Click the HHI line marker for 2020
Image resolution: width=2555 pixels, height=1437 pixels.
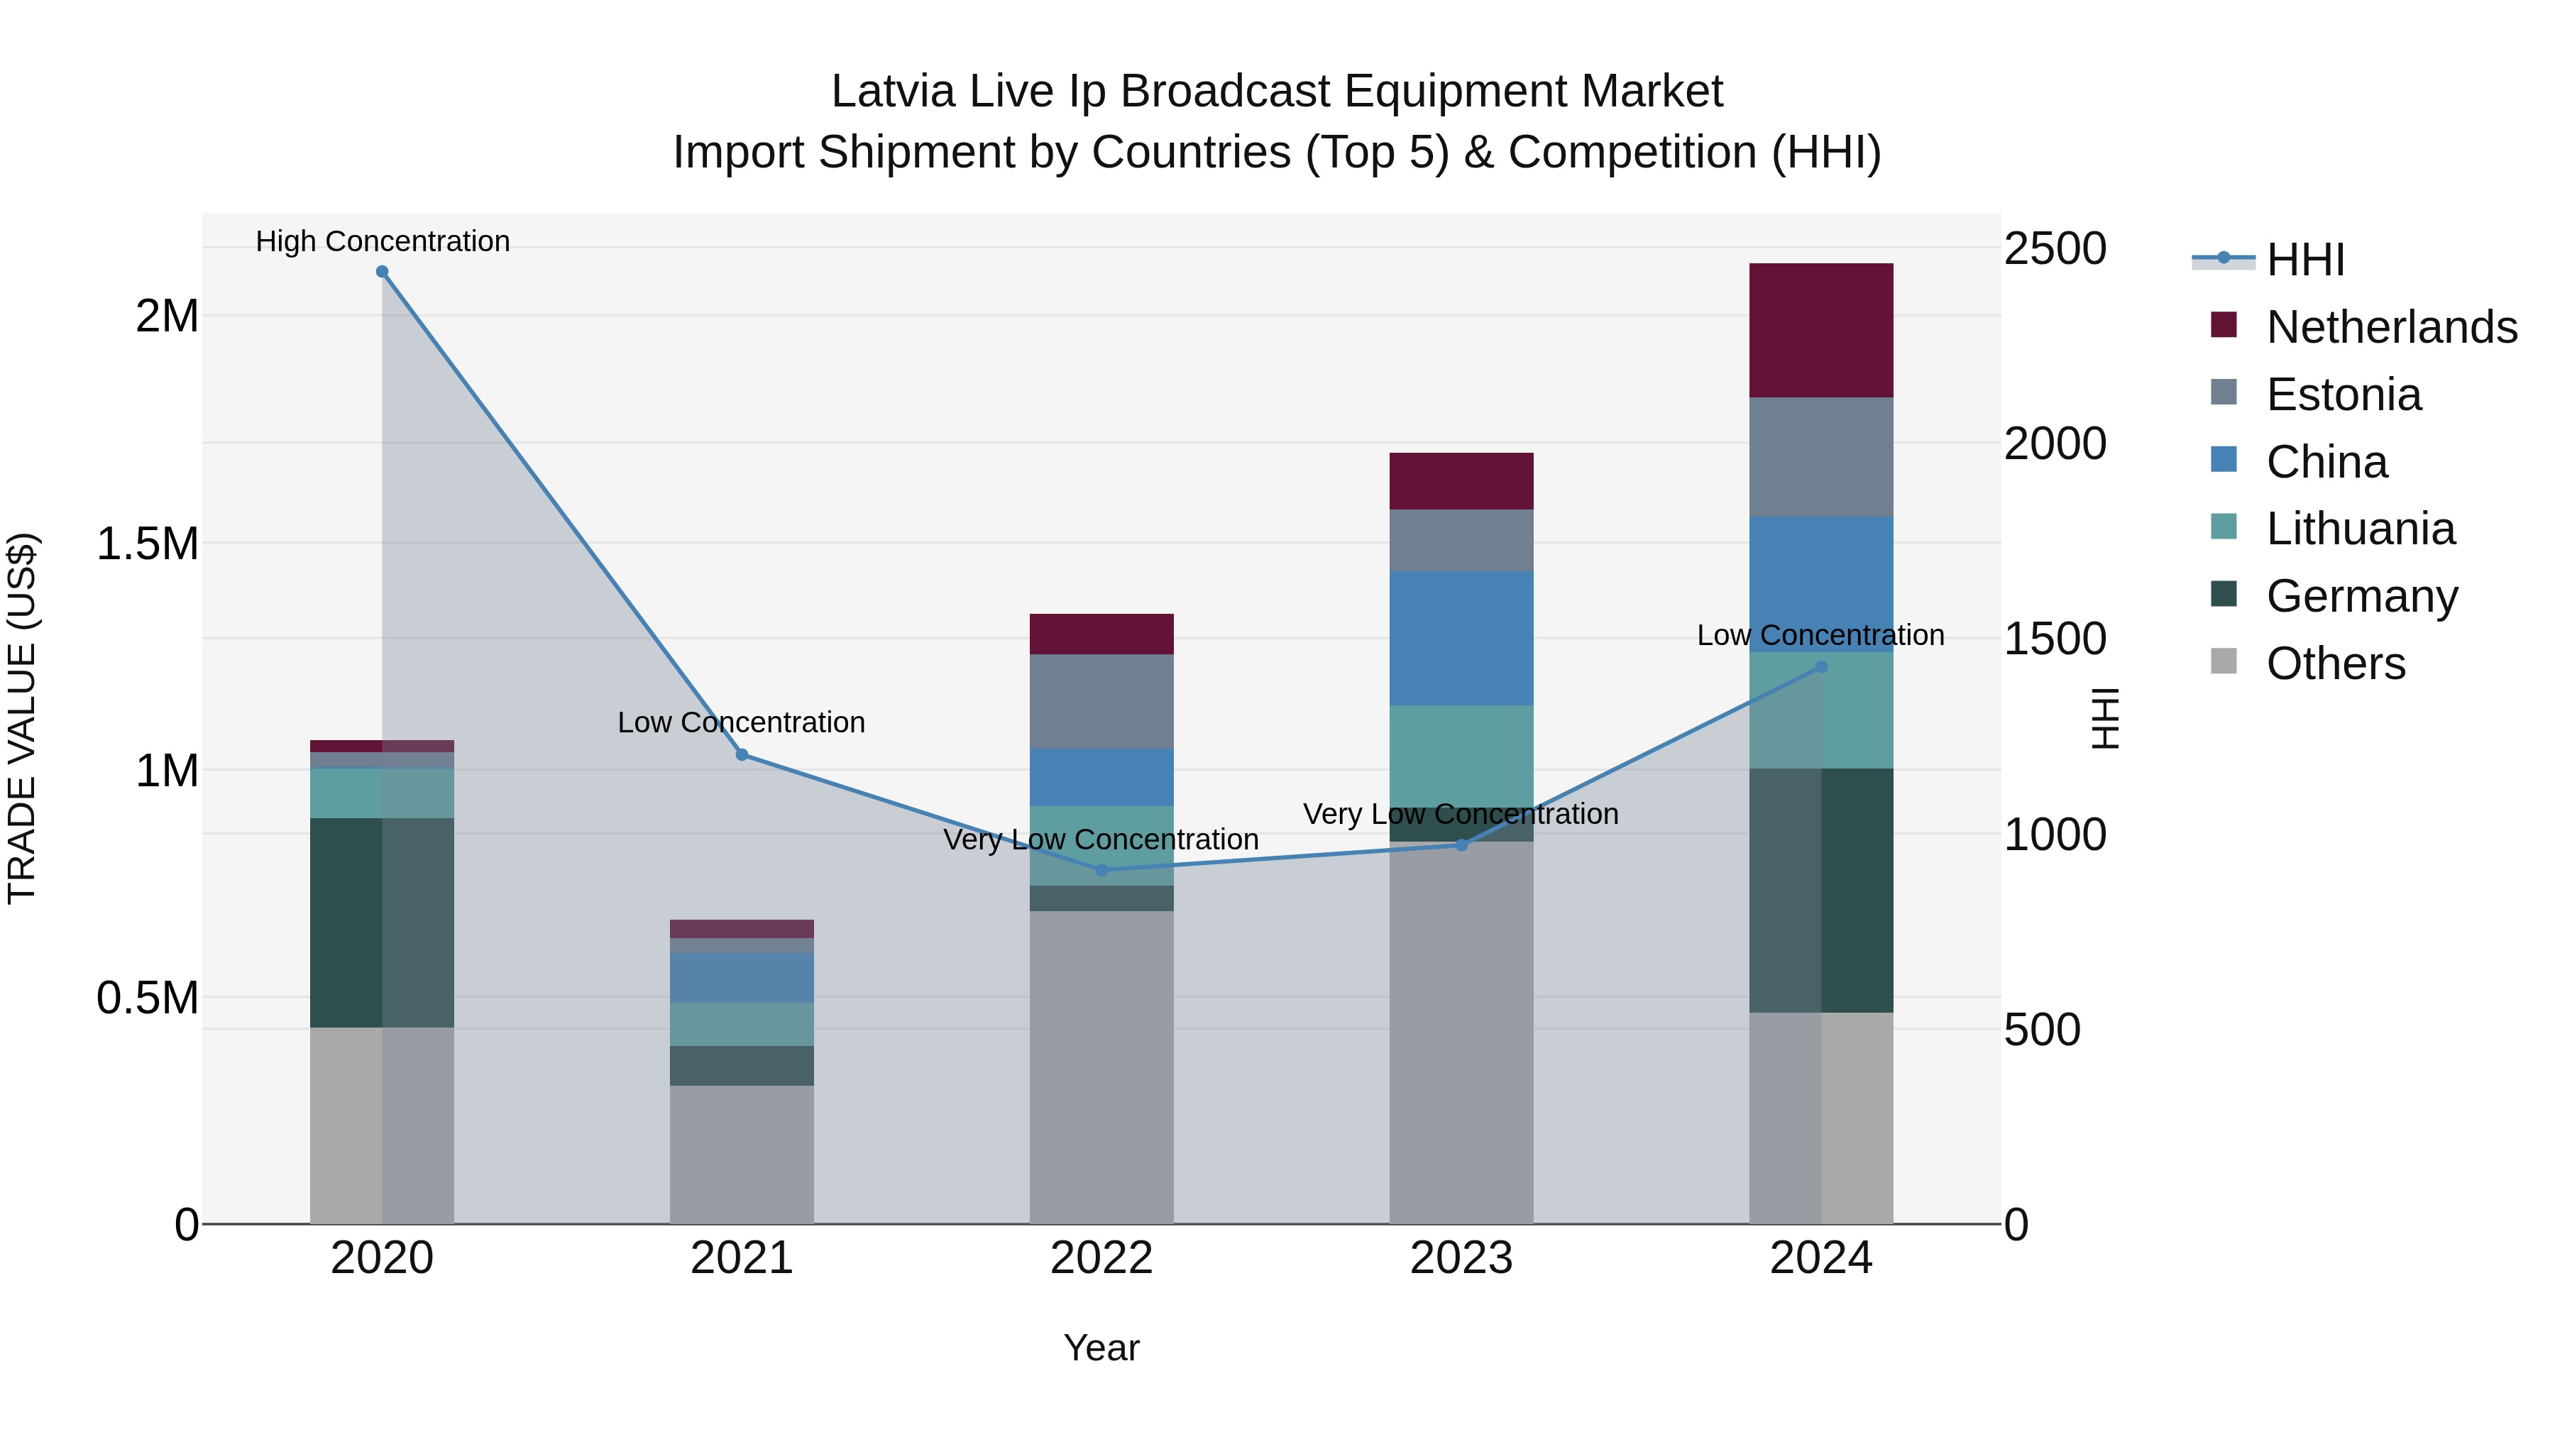pos(382,272)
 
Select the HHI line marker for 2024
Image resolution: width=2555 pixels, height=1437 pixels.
pos(1821,668)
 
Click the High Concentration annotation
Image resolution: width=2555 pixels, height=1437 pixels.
pos(382,241)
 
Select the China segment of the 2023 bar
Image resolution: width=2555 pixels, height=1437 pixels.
pos(1461,638)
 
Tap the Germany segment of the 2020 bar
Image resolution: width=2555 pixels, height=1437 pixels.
pos(382,923)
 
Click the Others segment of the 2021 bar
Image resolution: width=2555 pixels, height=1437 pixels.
pos(741,1155)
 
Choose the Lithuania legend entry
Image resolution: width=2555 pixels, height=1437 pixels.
pos(2361,529)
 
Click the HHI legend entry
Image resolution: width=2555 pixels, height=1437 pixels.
pos(2305,260)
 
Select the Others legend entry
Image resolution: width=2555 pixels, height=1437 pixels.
pos(2335,664)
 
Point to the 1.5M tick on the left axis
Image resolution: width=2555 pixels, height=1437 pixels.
pos(147,544)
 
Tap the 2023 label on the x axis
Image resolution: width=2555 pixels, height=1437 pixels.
pos(1461,1258)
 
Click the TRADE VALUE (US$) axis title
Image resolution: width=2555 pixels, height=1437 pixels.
pos(23,718)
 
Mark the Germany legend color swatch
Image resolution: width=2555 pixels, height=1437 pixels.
pos(2224,594)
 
